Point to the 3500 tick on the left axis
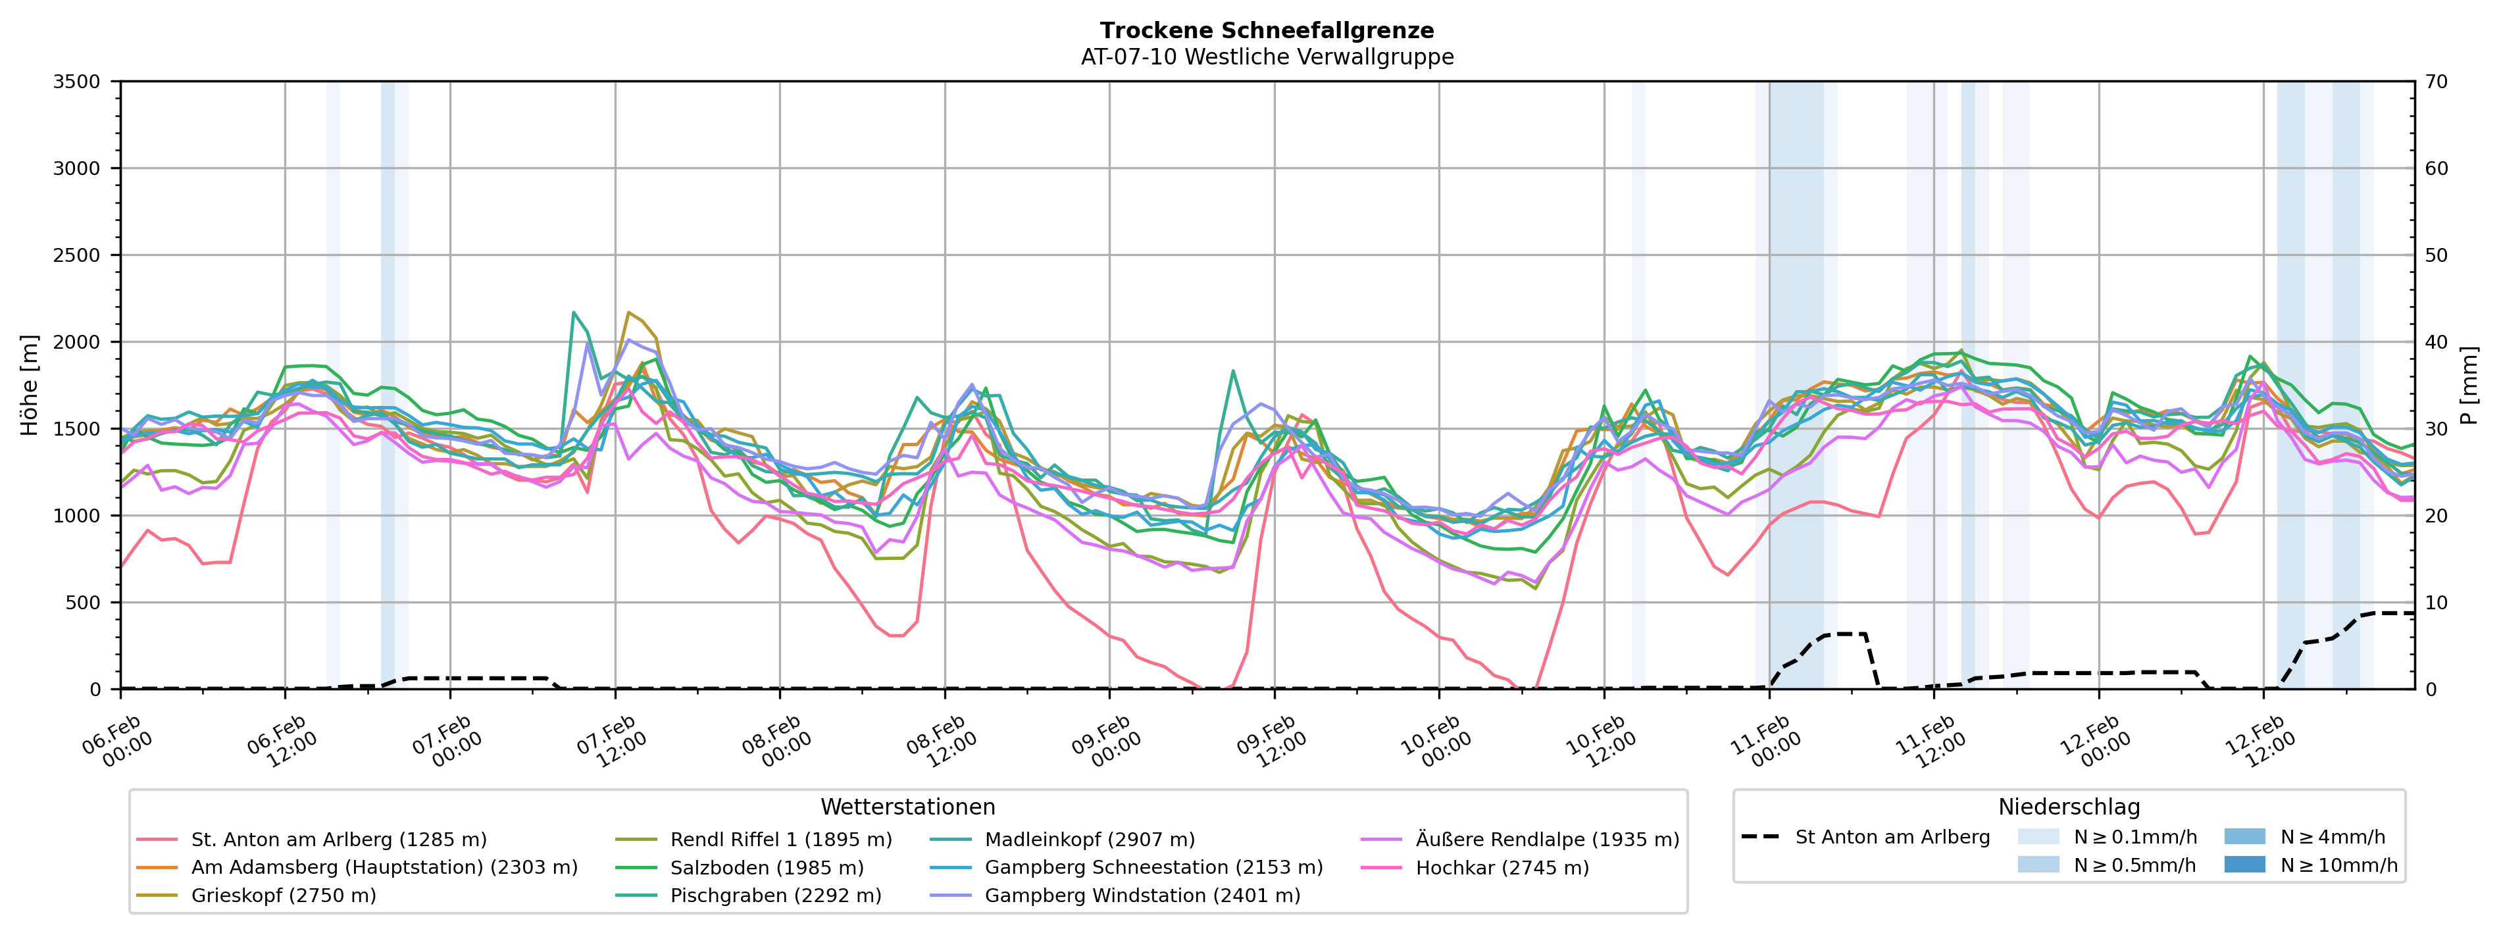click(x=77, y=82)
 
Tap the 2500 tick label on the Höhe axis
click(x=77, y=255)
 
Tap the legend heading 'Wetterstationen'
click(x=908, y=807)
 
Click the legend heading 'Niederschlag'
click(x=2068, y=807)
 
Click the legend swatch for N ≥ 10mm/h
click(x=2244, y=864)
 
